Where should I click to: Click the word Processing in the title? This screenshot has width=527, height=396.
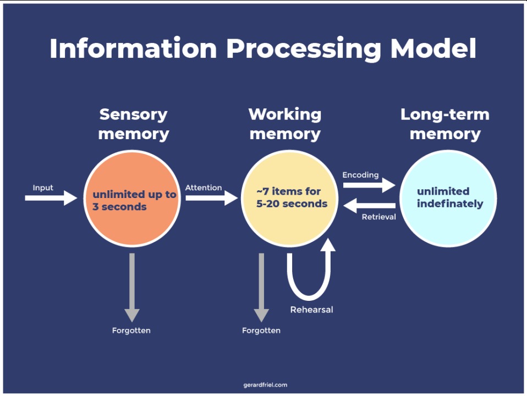[x=304, y=48]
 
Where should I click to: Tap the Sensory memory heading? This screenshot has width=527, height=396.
[x=133, y=124]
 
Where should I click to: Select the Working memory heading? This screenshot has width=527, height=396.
[x=284, y=124]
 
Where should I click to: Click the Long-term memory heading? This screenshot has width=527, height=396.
[x=444, y=124]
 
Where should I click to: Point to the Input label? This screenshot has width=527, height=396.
[x=43, y=188]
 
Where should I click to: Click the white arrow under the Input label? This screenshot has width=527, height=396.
[x=51, y=197]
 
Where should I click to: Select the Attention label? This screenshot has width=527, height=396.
[x=203, y=188]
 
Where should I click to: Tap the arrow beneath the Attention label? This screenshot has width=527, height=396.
[x=211, y=197]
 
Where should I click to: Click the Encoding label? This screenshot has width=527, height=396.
[x=360, y=175]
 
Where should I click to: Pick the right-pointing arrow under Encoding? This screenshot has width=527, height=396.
[x=369, y=185]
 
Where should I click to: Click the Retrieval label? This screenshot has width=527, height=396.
[x=378, y=217]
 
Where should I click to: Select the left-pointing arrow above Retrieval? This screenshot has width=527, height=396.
[x=369, y=206]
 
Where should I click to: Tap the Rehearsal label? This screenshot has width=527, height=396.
[x=311, y=310]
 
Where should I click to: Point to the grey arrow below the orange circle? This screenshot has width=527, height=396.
[x=131, y=286]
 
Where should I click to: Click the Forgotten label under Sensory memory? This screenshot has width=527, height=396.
[x=131, y=331]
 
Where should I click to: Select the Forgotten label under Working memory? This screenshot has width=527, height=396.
[x=261, y=331]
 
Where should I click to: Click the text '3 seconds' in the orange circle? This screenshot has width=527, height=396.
[x=119, y=207]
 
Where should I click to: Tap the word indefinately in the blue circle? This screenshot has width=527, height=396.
[x=449, y=204]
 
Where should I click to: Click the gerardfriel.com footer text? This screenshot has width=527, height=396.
[x=265, y=385]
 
